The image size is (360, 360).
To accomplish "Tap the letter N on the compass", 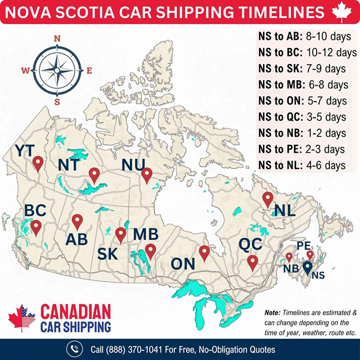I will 57,39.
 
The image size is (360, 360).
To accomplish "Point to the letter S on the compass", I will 57,102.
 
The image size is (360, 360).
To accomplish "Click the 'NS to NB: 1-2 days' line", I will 302,133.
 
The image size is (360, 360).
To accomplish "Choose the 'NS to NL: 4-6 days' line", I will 302,165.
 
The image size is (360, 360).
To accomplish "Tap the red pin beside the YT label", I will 38,164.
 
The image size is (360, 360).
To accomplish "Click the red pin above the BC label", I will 36,227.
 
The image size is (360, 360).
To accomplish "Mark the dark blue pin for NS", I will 307,267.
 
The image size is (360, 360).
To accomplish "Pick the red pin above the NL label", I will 267,200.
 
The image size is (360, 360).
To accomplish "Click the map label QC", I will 251,243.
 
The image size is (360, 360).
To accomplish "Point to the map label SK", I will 108,254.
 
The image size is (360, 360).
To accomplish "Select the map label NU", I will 133,165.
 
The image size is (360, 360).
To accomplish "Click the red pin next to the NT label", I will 94,174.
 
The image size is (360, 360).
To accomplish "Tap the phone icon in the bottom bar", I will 74,349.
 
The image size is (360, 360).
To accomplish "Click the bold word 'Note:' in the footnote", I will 273,312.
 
